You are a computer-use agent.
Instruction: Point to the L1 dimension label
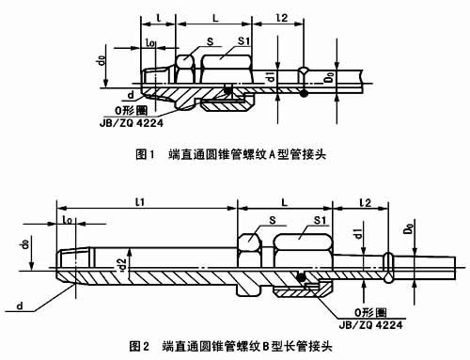pyautogui.click(x=141, y=202)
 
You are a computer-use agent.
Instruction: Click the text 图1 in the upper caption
pyautogui.click(x=147, y=150)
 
